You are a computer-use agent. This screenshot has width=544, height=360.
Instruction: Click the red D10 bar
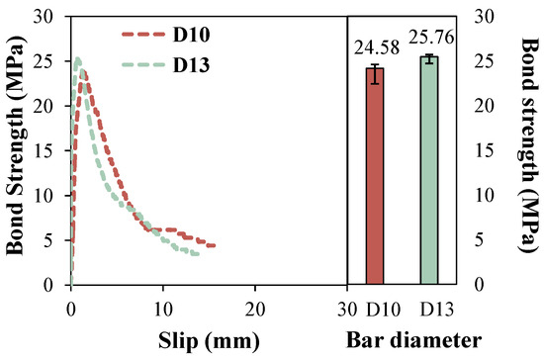point(375,176)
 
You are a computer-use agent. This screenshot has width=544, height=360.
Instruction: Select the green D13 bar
point(429,171)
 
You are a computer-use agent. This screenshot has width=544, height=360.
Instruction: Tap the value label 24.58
point(377,47)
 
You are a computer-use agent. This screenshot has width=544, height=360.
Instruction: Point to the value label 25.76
point(431,38)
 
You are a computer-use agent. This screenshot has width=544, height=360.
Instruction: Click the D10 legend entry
point(166,35)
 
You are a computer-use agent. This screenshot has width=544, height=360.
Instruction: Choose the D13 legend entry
point(166,65)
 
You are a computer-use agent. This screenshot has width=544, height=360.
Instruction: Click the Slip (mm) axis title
point(209,340)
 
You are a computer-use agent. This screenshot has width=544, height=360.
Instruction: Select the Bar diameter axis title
point(413,340)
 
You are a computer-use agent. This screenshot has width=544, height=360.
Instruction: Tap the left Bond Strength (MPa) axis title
point(16,145)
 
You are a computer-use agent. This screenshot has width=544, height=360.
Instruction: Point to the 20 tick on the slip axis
point(255,310)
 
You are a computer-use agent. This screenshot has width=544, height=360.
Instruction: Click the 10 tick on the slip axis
point(163,310)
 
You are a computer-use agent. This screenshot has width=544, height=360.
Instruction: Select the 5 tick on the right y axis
point(479,239)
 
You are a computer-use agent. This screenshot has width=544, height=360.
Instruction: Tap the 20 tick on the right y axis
point(484,106)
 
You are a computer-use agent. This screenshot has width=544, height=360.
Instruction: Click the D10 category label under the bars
point(383,310)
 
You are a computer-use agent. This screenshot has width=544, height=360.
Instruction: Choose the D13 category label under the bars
point(437,310)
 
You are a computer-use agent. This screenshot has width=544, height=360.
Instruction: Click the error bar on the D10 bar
point(375,74)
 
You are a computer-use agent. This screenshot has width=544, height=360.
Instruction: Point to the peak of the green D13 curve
point(78,59)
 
